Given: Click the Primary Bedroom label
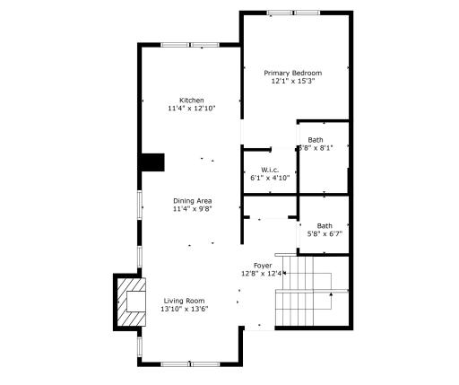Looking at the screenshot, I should click(293, 73).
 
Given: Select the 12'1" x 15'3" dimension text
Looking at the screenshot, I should click(293, 82).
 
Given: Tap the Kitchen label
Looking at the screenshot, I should click(191, 100).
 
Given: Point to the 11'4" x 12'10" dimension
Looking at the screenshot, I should click(191, 109).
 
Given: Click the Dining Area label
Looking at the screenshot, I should click(192, 200).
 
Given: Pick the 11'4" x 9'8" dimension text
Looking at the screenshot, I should click(192, 209).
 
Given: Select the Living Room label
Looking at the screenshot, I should click(183, 301).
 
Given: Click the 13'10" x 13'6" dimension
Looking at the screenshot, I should click(183, 310).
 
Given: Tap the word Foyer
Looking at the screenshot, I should click(263, 266).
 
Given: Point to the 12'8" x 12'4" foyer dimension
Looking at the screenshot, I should click(263, 274).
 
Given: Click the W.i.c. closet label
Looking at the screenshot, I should click(270, 170).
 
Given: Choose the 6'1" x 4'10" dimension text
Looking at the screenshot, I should click(270, 178).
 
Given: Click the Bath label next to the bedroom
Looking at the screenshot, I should click(316, 140).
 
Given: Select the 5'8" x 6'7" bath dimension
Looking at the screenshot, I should click(325, 234).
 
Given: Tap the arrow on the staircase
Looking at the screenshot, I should click(331, 293).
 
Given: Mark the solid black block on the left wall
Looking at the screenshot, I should click(152, 162).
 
